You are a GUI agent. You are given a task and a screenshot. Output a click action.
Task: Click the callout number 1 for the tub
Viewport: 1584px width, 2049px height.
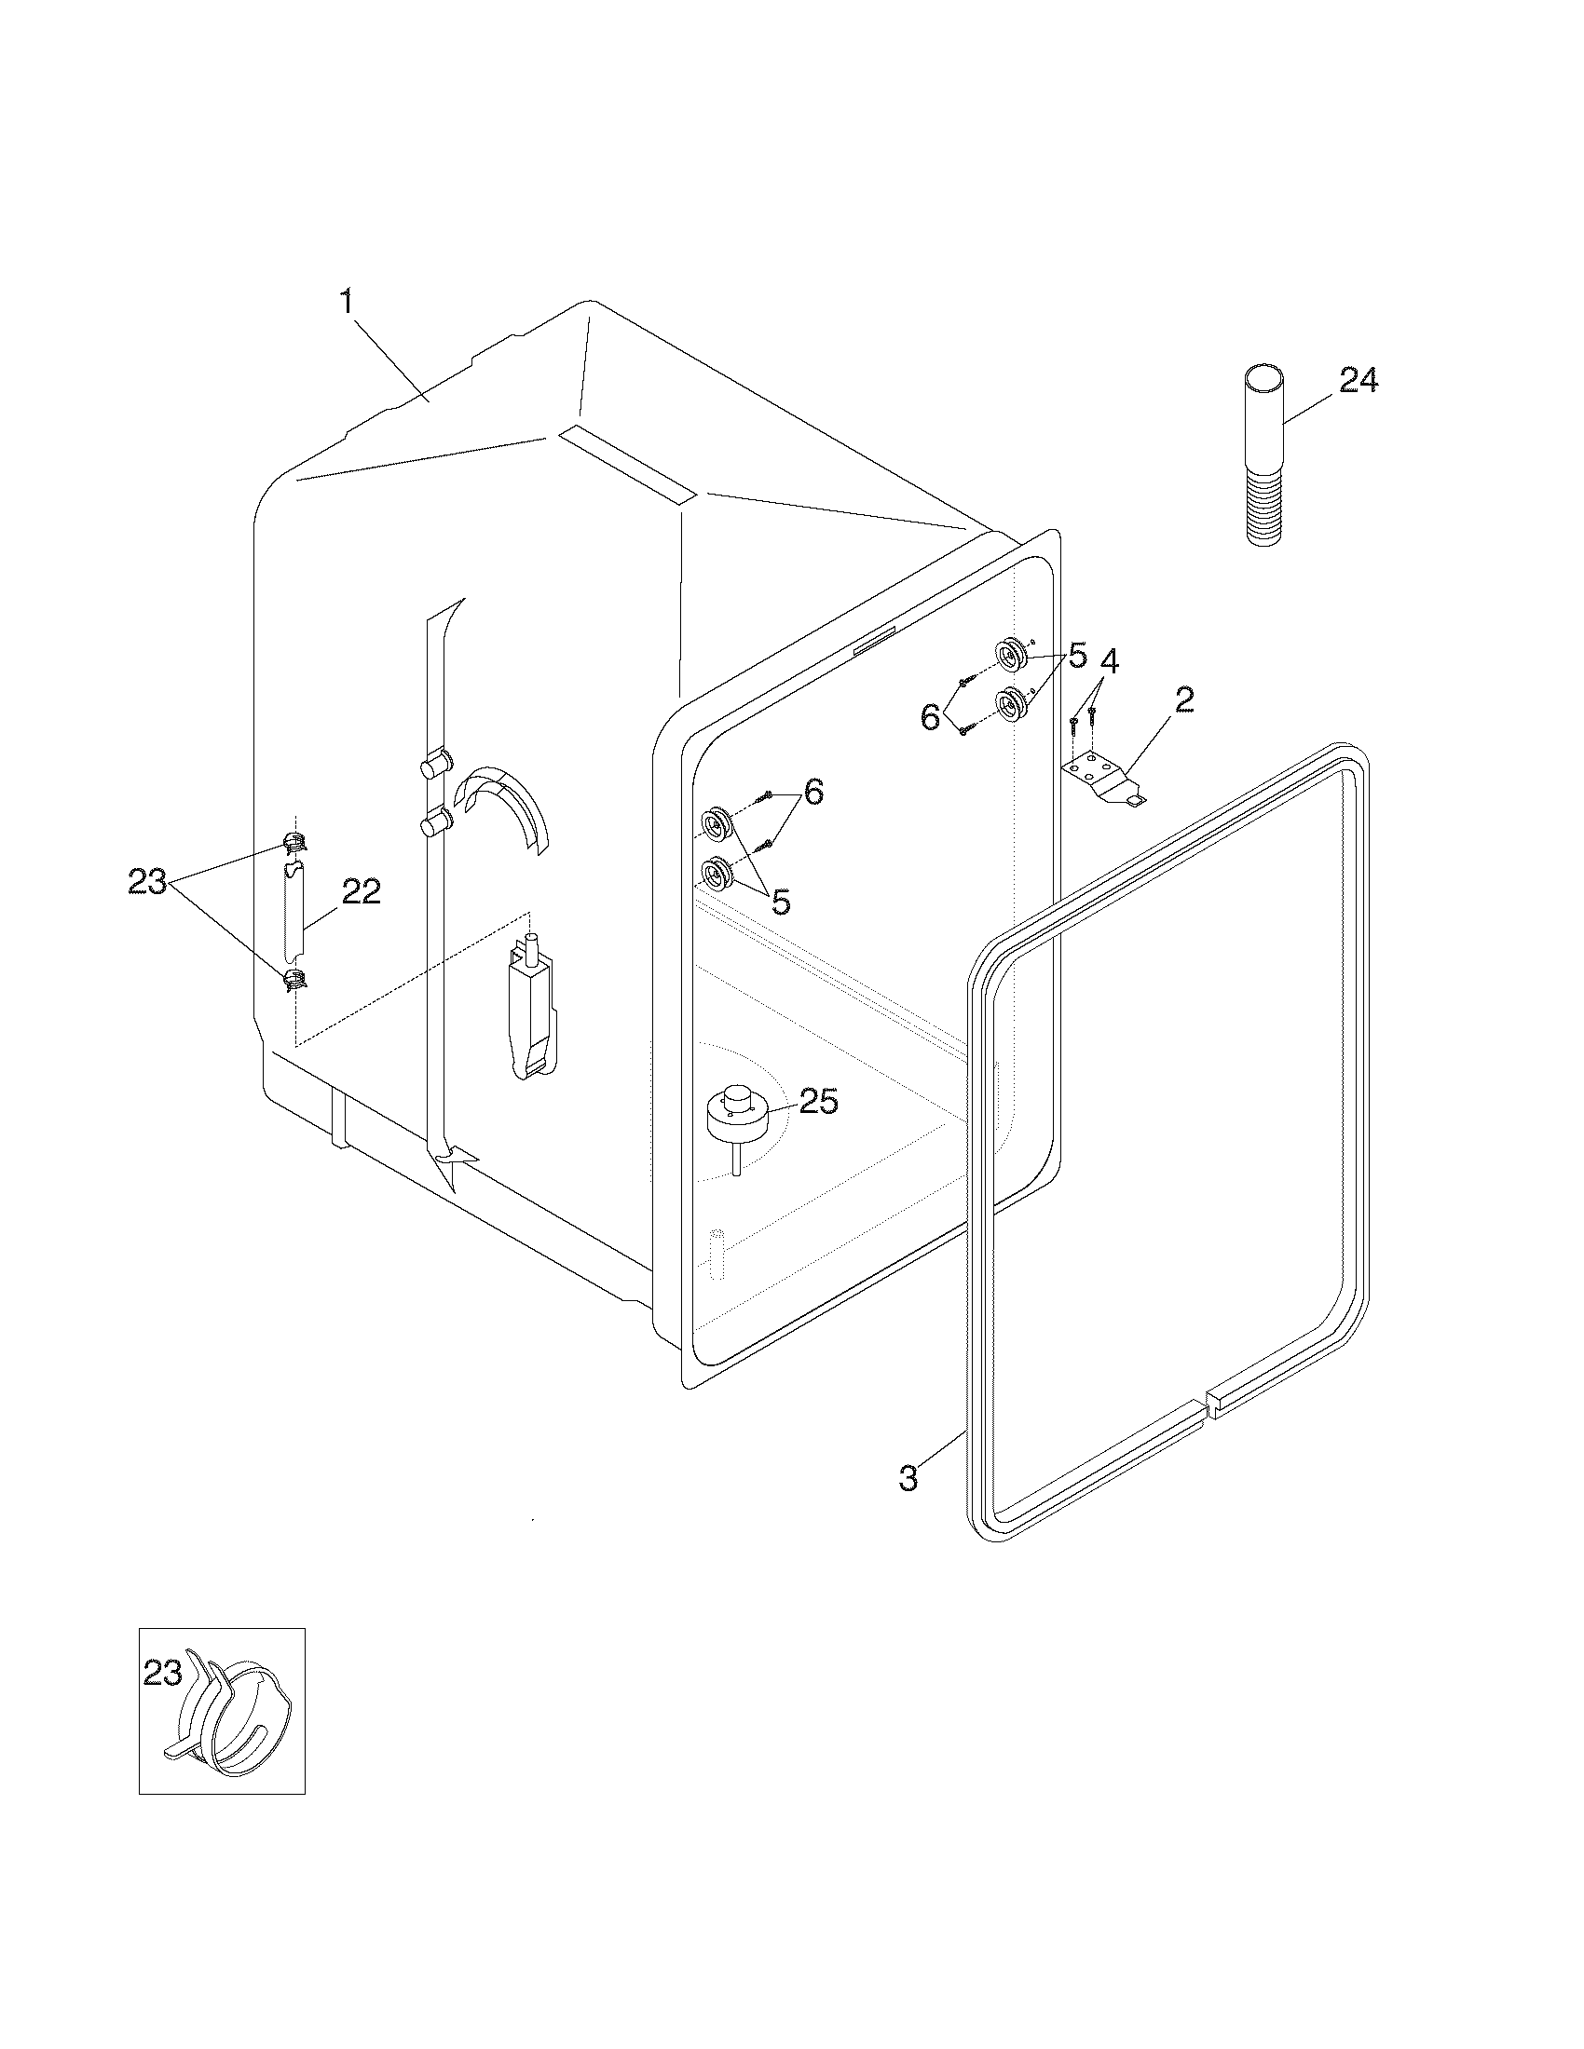coord(347,301)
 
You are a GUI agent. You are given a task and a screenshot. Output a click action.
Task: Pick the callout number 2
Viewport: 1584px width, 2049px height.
coord(1183,699)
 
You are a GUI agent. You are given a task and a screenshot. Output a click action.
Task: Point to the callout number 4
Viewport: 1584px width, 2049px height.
coord(1108,661)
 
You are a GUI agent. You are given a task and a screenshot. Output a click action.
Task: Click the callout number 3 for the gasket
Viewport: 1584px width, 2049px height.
coord(908,1479)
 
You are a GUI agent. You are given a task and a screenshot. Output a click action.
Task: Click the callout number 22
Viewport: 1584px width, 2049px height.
coord(361,892)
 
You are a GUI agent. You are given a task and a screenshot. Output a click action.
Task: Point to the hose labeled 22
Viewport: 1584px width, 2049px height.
coord(294,910)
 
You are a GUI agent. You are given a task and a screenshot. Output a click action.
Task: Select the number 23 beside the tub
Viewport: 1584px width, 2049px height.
coord(148,882)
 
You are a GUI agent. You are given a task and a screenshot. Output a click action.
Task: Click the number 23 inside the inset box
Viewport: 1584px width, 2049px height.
coord(162,1673)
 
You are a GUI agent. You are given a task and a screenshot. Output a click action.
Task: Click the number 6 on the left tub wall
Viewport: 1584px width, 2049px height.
coord(813,792)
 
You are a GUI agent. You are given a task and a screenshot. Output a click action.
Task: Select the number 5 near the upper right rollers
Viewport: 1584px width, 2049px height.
coord(1076,656)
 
